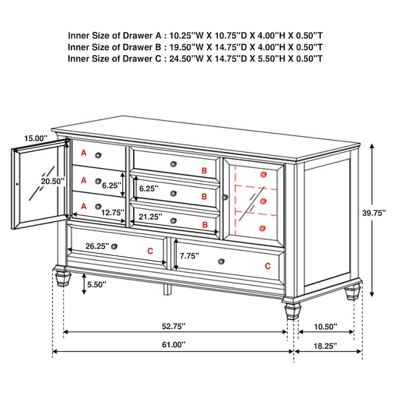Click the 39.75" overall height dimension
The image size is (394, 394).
coord(374,213)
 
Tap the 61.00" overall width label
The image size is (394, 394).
coord(173,344)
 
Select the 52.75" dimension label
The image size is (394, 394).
coord(173,326)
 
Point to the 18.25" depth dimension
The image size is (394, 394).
coord(325,346)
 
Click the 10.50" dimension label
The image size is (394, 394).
coord(326,327)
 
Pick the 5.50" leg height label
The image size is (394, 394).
coord(97,285)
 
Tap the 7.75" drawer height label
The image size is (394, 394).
coord(189,256)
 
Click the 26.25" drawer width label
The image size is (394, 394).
coord(97,246)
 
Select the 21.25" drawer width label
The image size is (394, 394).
coord(150,217)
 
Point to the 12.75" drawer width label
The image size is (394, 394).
coord(113,213)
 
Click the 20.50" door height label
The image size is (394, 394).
coord(53,181)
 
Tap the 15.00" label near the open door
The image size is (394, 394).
coord(35,138)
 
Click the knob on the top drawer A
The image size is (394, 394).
coord(98,155)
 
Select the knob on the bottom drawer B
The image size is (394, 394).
coord(173,221)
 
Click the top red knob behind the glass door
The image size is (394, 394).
coord(263,174)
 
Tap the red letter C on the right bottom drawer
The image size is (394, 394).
coord(268,266)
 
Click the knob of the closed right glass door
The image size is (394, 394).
coord(225,197)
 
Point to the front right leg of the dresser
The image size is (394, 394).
coord(293,312)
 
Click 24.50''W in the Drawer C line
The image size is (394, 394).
coord(186,59)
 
